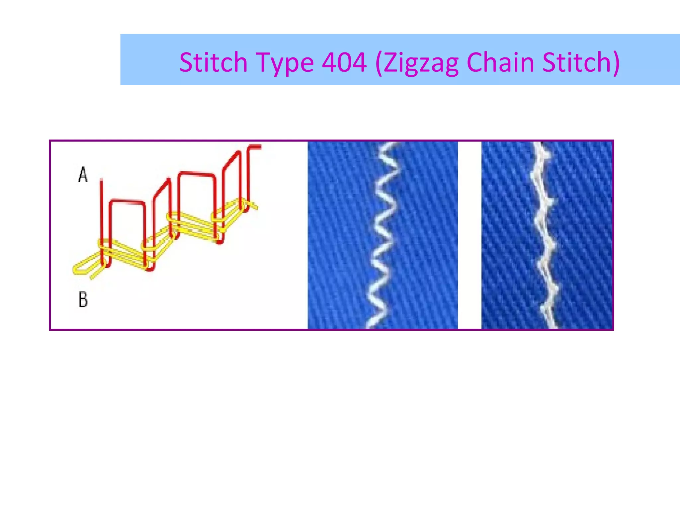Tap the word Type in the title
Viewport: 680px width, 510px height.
[285, 62]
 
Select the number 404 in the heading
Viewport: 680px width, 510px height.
[344, 62]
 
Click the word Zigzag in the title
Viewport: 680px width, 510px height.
[421, 62]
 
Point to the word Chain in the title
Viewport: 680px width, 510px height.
[500, 62]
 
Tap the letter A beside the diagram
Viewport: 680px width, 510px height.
[83, 175]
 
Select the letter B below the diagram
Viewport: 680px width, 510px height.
[83, 299]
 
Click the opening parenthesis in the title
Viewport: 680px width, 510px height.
[379, 62]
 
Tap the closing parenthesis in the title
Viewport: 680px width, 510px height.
[615, 62]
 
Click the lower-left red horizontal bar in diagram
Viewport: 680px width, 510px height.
[127, 201]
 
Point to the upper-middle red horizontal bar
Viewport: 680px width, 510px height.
[196, 174]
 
